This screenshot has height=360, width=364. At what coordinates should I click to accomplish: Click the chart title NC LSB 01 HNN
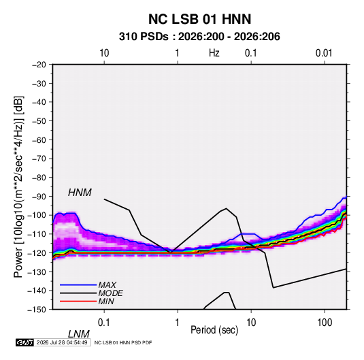199,19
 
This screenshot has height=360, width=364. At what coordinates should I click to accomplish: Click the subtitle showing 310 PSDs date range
199,37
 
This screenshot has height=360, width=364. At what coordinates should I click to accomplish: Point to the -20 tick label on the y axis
39,65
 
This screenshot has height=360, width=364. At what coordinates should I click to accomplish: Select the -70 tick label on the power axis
39,159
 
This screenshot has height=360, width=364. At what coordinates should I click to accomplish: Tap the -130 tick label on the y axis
37,272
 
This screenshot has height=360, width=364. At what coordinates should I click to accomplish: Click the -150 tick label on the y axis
37,310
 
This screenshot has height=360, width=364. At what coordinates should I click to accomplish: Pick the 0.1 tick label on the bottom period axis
104,323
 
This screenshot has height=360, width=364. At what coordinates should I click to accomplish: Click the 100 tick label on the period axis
325,323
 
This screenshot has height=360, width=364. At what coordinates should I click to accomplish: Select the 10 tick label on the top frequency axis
104,53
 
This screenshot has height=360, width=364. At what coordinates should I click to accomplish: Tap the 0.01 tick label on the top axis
324,53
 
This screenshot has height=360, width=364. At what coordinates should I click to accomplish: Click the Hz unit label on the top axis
214,53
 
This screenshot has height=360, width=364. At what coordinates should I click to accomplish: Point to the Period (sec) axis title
214,330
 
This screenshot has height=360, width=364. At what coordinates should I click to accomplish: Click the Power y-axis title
18,187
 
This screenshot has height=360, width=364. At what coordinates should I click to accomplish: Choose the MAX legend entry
107,284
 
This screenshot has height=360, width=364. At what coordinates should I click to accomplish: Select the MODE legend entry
110,293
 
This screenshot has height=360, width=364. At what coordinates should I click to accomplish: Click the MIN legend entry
106,301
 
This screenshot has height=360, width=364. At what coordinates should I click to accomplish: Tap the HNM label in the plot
80,193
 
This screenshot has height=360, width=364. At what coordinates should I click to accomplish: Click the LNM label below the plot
79,334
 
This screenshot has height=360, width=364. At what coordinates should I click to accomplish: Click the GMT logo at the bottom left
24,342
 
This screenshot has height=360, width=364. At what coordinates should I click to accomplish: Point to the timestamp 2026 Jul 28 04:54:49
62,342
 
